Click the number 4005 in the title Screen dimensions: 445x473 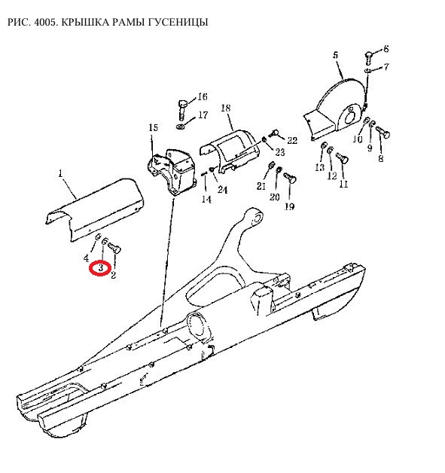45,23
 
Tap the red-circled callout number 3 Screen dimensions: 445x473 101,267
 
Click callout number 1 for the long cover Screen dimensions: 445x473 60,173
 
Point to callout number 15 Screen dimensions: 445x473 153,127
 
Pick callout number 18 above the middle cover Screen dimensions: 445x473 226,108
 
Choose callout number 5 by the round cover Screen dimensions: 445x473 336,55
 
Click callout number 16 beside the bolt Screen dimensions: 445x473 203,97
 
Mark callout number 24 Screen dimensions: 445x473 223,190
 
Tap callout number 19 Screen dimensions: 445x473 289,206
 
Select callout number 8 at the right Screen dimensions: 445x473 381,158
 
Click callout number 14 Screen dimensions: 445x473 206,200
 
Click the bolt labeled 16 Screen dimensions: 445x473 183,111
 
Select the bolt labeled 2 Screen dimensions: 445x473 114,248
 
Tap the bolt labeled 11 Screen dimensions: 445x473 342,157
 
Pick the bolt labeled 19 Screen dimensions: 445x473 290,178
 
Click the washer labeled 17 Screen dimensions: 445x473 181,127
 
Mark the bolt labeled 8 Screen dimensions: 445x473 383,133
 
